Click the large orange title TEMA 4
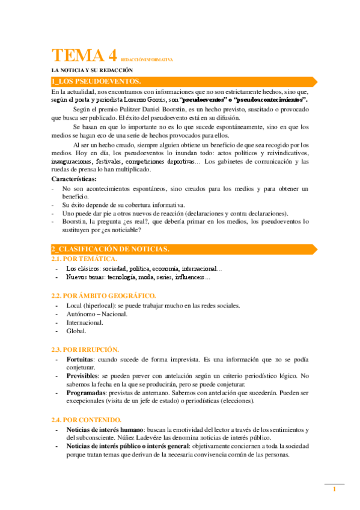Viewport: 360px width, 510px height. (x=84, y=57)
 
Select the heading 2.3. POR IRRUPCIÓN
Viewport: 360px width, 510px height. (x=85, y=349)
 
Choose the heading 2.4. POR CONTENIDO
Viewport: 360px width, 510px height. (x=86, y=419)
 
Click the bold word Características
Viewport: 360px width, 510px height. (x=75, y=179)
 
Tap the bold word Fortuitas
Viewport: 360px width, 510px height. (x=80, y=358)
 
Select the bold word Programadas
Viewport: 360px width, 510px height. (x=87, y=392)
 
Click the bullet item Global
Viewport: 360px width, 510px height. (x=76, y=331)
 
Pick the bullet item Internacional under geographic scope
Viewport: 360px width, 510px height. (x=85, y=322)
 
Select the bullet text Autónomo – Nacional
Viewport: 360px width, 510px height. (x=97, y=314)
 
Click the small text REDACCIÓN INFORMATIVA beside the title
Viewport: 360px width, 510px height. (x=147, y=60)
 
